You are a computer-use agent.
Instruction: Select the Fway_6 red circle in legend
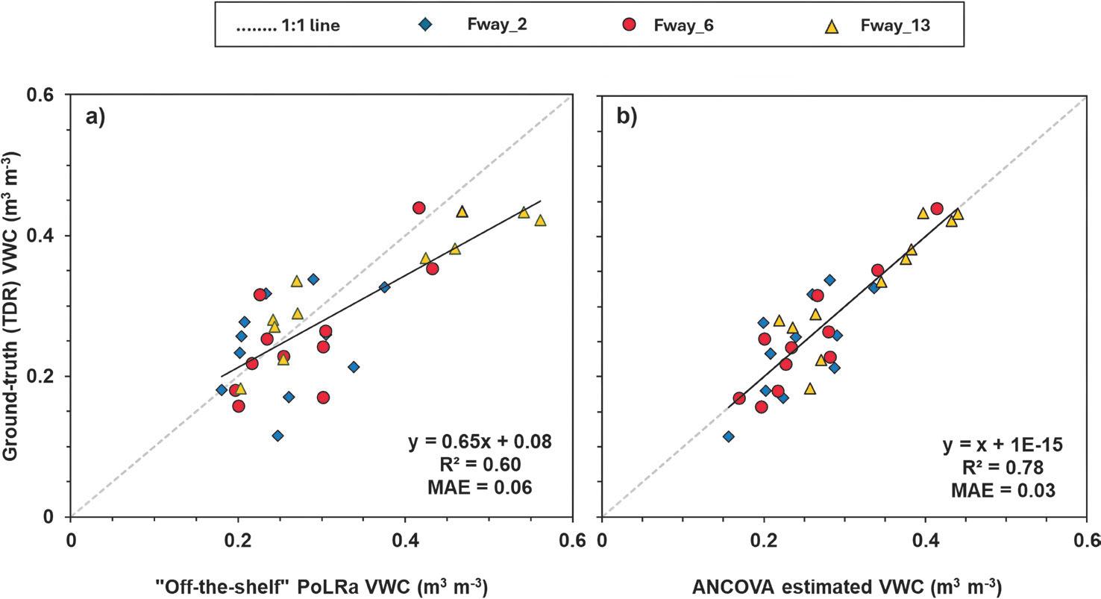tap(630, 25)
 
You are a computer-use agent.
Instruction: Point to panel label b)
tap(627, 118)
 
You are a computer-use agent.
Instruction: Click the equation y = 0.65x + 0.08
tap(480, 442)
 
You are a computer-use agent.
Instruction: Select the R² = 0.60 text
tap(480, 465)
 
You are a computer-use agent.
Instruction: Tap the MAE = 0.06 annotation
tap(480, 488)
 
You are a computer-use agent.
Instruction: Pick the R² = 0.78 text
tap(1000, 468)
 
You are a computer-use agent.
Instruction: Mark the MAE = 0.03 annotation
tap(1000, 490)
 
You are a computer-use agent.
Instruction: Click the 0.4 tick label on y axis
tap(46, 236)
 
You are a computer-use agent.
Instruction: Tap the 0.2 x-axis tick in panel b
tap(763, 540)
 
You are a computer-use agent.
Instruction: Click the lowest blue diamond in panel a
tap(277, 436)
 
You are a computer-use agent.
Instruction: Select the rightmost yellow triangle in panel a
tap(540, 221)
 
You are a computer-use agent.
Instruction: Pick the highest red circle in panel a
tap(418, 207)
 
